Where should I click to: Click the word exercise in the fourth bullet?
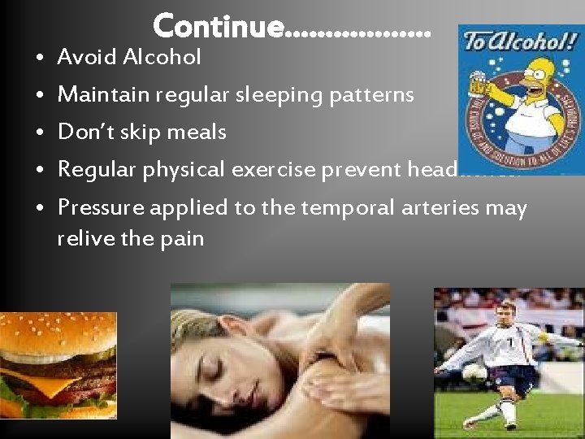point(274,170)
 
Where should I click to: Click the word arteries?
point(442,207)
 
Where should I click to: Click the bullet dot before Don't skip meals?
point(40,133)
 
